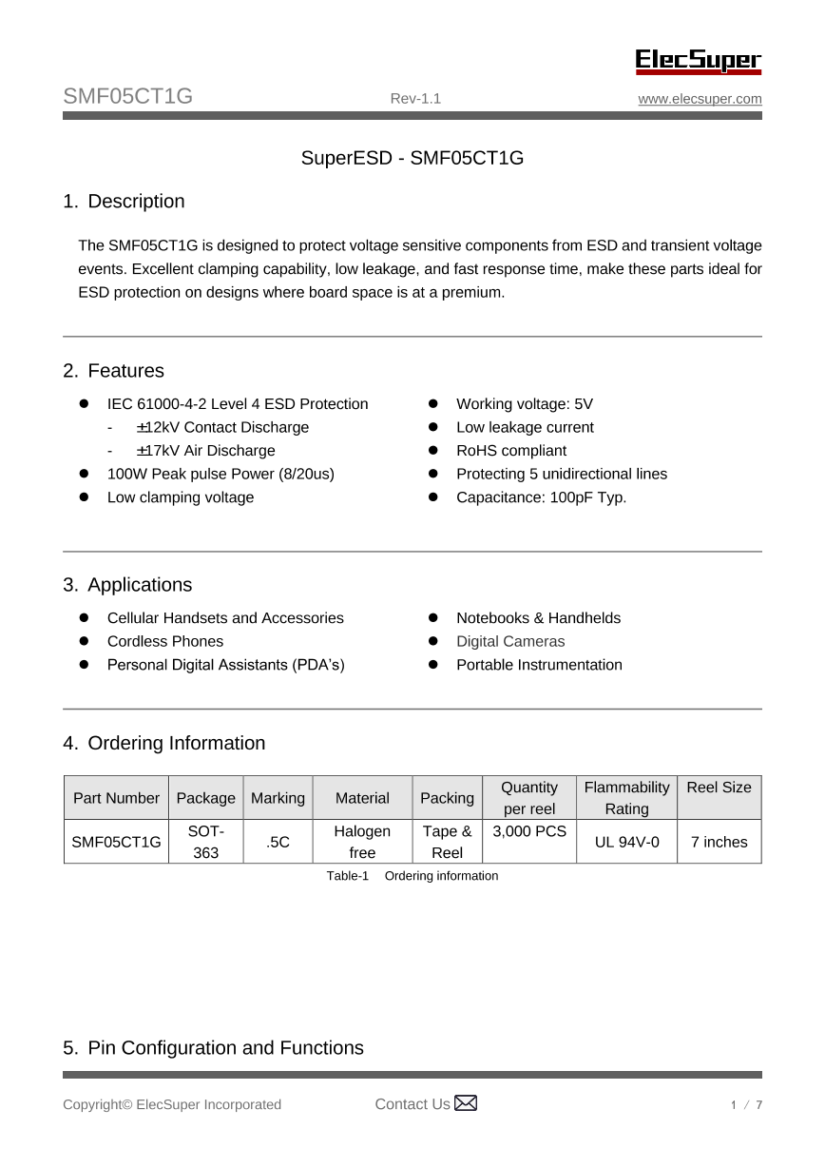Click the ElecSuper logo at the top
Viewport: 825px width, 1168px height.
click(699, 61)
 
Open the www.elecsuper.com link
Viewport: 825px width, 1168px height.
click(700, 99)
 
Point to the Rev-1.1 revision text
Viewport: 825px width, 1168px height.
click(415, 99)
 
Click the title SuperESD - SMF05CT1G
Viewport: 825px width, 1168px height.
click(412, 158)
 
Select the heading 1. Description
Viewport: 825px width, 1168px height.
click(124, 202)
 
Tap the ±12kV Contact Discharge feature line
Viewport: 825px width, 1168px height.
click(222, 427)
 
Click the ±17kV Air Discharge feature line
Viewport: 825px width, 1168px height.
click(205, 451)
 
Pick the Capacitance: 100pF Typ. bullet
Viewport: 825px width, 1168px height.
click(541, 497)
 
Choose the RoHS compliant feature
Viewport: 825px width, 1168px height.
click(510, 451)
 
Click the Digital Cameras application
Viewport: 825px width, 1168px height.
click(510, 642)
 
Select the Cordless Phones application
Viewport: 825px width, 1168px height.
click(165, 642)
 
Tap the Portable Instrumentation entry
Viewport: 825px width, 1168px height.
click(539, 665)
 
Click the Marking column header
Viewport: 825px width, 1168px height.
click(278, 798)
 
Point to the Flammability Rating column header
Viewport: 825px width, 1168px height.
click(626, 798)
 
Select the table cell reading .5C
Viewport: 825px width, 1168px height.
click(278, 842)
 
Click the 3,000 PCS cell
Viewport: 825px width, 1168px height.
click(529, 832)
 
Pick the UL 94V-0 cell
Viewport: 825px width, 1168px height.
click(626, 842)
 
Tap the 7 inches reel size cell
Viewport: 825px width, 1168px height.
click(719, 842)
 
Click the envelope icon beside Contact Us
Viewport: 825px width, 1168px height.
click(466, 1103)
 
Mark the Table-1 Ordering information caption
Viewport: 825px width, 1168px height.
click(412, 876)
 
